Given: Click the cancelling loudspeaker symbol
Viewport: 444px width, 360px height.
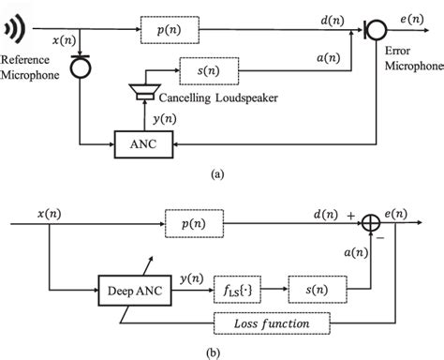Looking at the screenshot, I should (x=143, y=92).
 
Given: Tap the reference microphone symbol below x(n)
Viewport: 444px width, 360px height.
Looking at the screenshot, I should (x=82, y=67).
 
